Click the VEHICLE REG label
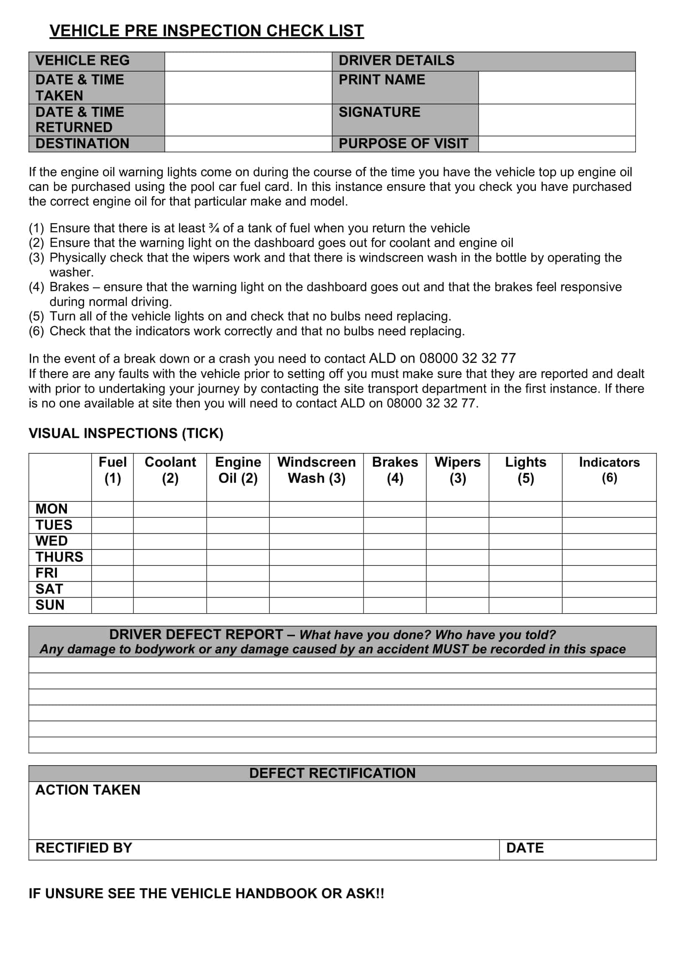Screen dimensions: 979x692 click(x=82, y=61)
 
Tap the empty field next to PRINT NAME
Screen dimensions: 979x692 click(x=556, y=87)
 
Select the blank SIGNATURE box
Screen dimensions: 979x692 click(x=556, y=120)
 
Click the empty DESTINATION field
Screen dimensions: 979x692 click(x=248, y=144)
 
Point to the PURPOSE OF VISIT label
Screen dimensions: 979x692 click(x=403, y=144)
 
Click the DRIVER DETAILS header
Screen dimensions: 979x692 click(x=396, y=61)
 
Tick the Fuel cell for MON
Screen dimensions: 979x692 click(x=113, y=509)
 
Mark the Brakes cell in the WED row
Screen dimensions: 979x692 click(x=395, y=541)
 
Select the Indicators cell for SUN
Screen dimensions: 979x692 click(x=609, y=605)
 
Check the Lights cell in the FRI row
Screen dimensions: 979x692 click(x=525, y=573)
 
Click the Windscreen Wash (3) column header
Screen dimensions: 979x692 click(x=316, y=470)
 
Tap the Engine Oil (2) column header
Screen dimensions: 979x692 click(x=238, y=470)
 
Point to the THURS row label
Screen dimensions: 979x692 click(x=59, y=557)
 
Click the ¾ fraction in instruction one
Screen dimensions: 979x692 click(x=214, y=228)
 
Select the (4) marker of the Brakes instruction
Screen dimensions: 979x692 click(x=36, y=287)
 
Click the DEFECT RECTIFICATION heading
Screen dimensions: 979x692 click(x=332, y=773)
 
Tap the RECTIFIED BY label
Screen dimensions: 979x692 click(x=84, y=848)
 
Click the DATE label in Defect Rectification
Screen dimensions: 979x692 click(x=525, y=848)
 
